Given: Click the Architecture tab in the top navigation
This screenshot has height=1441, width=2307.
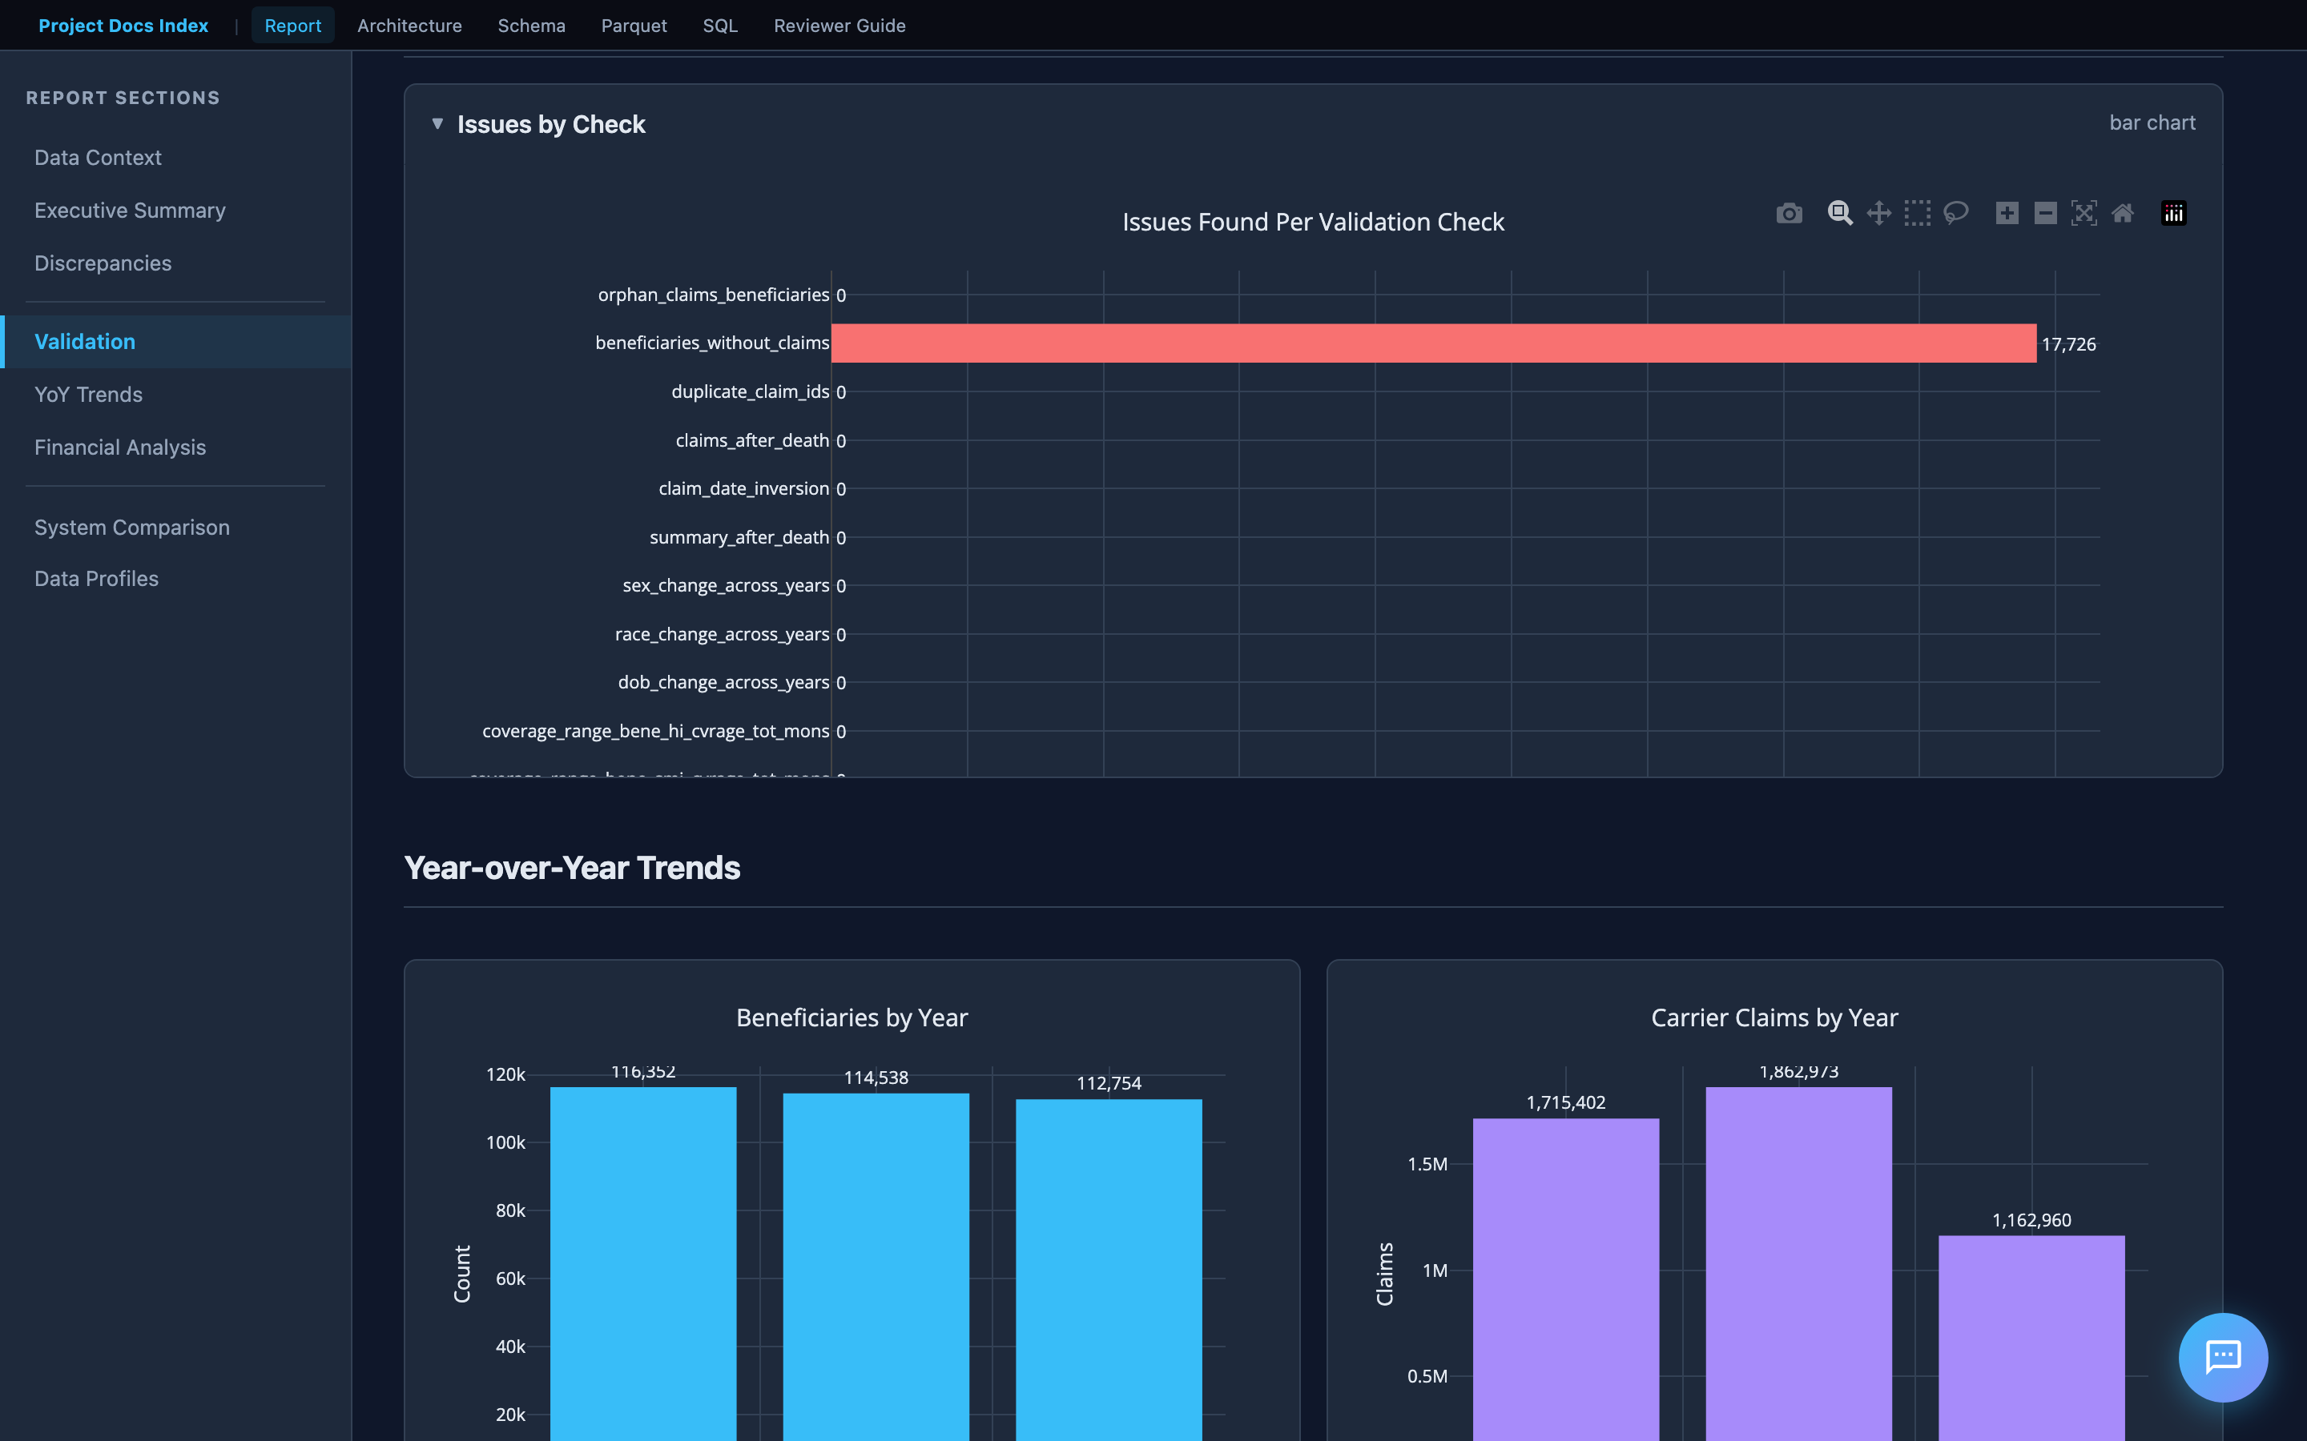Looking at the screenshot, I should tap(409, 26).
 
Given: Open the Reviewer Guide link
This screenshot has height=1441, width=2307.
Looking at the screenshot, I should tap(839, 26).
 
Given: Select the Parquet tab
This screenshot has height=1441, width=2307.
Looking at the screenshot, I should tap(633, 26).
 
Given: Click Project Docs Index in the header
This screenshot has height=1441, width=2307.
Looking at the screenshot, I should tap(123, 26).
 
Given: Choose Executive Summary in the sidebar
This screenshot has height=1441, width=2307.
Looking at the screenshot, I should tap(130, 211).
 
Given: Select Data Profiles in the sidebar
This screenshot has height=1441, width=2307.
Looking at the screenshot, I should tap(96, 579).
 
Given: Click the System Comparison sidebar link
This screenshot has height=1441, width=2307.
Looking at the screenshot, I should tap(131, 527).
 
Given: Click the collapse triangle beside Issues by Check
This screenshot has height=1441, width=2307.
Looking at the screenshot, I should tap(437, 124).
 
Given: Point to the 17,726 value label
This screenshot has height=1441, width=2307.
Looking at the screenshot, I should tap(2067, 344).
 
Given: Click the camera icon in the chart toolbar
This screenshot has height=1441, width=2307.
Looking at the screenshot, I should tap(1789, 214).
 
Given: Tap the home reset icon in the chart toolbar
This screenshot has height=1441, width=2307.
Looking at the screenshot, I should tap(2122, 214).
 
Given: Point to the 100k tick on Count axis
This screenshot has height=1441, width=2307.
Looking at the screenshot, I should tap(505, 1142).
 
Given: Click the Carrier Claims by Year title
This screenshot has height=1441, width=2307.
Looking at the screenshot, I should tap(1774, 1018).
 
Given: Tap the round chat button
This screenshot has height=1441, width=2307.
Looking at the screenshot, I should tap(2222, 1356).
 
